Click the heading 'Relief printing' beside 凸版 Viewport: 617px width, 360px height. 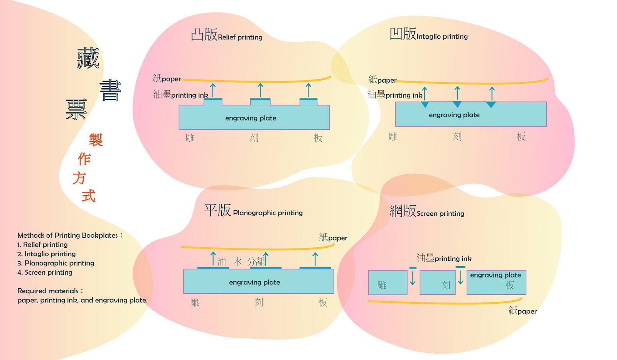click(x=240, y=37)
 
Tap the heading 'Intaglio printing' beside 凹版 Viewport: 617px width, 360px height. click(x=442, y=37)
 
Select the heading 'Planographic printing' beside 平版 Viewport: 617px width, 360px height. click(x=268, y=213)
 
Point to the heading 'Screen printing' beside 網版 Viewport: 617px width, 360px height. click(x=440, y=214)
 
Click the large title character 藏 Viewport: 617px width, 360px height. click(x=88, y=58)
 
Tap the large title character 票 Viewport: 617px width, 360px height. click(x=76, y=109)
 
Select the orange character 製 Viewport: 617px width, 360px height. click(x=96, y=139)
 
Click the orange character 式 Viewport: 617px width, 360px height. click(x=88, y=196)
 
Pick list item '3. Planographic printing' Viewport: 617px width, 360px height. click(x=56, y=263)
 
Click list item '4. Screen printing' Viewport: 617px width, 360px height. click(x=45, y=272)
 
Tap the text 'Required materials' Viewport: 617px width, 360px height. click(x=48, y=291)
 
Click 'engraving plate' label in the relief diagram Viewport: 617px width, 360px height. click(x=251, y=118)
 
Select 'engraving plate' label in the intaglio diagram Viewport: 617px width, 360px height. click(x=454, y=115)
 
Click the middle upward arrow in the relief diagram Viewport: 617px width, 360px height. click(x=260, y=90)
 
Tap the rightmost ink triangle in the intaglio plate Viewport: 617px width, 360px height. click(x=491, y=104)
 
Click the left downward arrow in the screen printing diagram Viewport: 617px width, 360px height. click(x=413, y=278)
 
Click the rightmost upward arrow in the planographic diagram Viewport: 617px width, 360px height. click(x=315, y=259)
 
